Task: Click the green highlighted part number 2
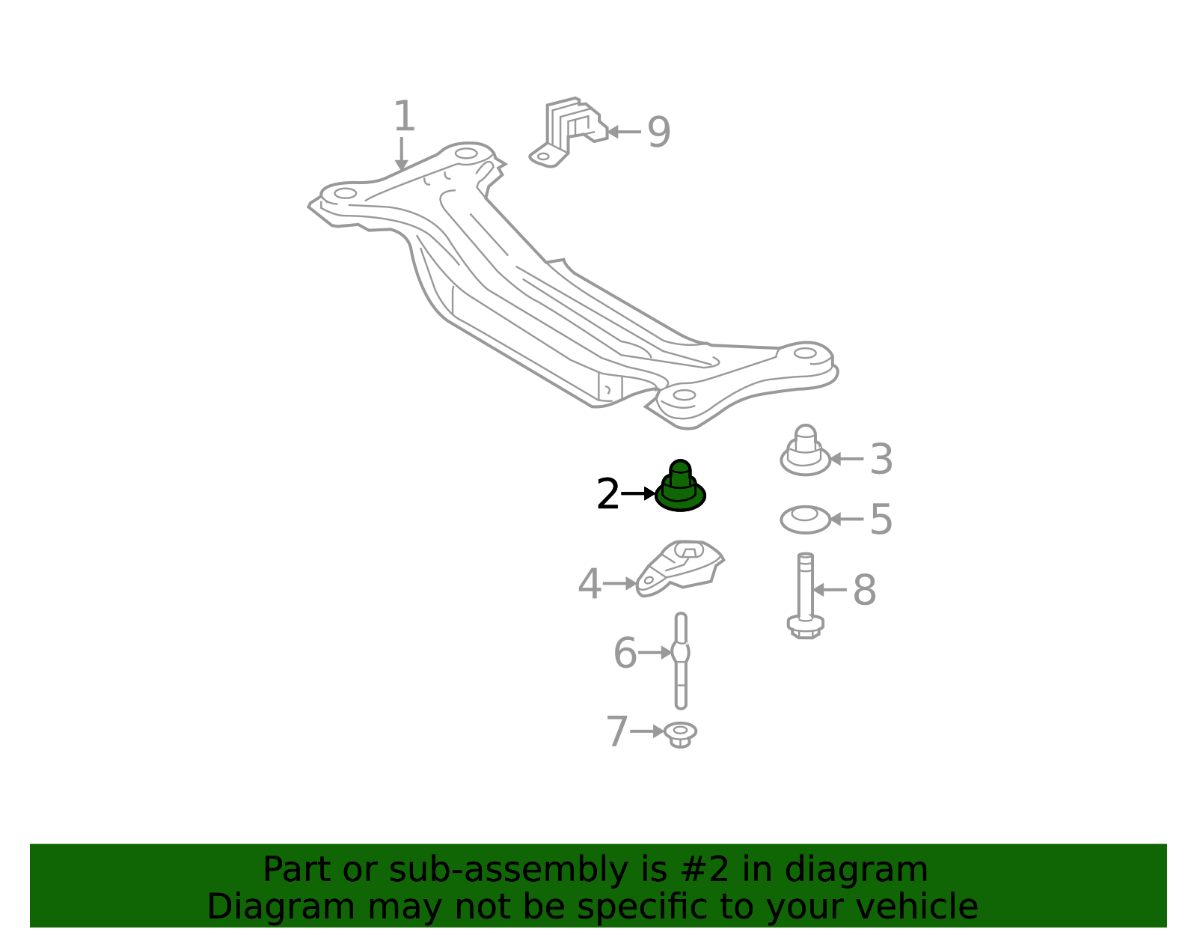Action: (680, 487)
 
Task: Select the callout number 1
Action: (404, 116)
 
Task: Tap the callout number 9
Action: (658, 133)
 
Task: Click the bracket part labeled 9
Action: (569, 133)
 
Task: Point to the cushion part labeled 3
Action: (805, 451)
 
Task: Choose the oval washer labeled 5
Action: (805, 520)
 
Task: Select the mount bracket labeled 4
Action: (680, 569)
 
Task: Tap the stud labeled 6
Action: (681, 660)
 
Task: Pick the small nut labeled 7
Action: (680, 734)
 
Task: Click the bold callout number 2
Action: (607, 493)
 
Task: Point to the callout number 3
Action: (881, 459)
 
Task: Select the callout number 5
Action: (881, 519)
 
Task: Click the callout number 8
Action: (864, 590)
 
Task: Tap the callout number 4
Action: (590, 583)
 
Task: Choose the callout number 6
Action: (625, 653)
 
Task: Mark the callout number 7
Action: (617, 731)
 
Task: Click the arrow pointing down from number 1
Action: (401, 153)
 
